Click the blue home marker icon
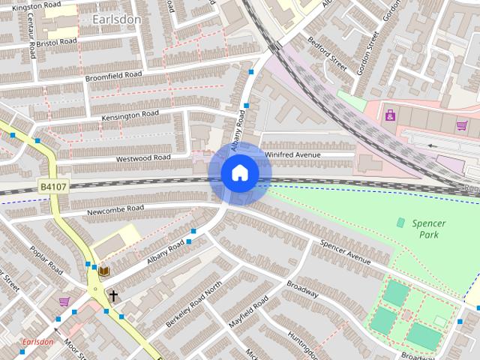click(240, 173)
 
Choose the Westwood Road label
click(142, 158)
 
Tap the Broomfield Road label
click(113, 75)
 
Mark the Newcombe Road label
click(113, 208)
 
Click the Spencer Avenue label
click(346, 253)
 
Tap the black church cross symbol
click(113, 295)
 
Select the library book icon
click(103, 270)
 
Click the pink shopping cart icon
click(64, 301)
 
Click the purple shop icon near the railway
click(390, 115)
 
